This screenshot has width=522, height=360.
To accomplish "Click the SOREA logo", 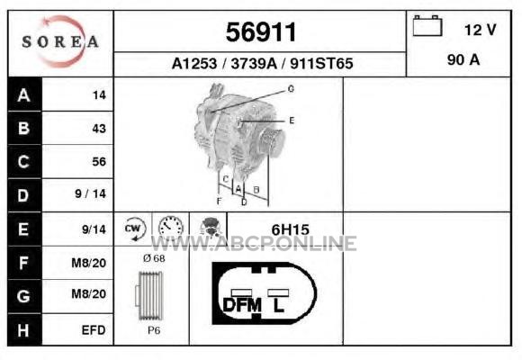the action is pyautogui.click(x=60, y=41).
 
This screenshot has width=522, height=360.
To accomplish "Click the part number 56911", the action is pyautogui.click(x=261, y=32).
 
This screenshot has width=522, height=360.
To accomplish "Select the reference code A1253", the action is pyautogui.click(x=194, y=63).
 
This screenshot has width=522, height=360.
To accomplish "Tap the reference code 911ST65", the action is pyautogui.click(x=321, y=63).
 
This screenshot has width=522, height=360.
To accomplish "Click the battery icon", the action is pyautogui.click(x=427, y=25).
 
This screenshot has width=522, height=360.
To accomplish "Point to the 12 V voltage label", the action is pyautogui.click(x=480, y=30).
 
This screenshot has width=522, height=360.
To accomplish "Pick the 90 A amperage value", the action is pyautogui.click(x=463, y=60).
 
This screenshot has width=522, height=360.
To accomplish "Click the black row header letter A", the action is pyautogui.click(x=24, y=95).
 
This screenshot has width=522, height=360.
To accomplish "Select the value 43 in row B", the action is pyautogui.click(x=99, y=129).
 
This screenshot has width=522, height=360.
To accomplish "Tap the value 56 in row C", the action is pyautogui.click(x=99, y=161).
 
